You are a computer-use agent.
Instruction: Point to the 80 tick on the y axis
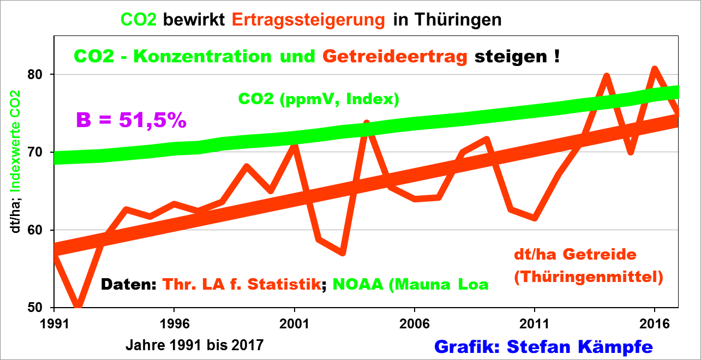tap(43, 74)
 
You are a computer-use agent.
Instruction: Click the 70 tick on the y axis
tap(43, 152)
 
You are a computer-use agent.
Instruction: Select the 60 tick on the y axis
tap(43, 230)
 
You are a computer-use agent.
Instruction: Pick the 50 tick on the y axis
tap(43, 308)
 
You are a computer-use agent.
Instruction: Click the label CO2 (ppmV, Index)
tap(319, 99)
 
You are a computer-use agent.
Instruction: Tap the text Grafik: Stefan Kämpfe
tap(543, 346)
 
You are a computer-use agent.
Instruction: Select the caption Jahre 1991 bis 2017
tap(195, 345)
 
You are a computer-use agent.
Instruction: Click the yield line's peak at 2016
tap(655, 69)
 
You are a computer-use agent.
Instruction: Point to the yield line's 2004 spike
tap(367, 123)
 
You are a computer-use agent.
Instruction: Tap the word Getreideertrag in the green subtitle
tap(395, 57)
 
